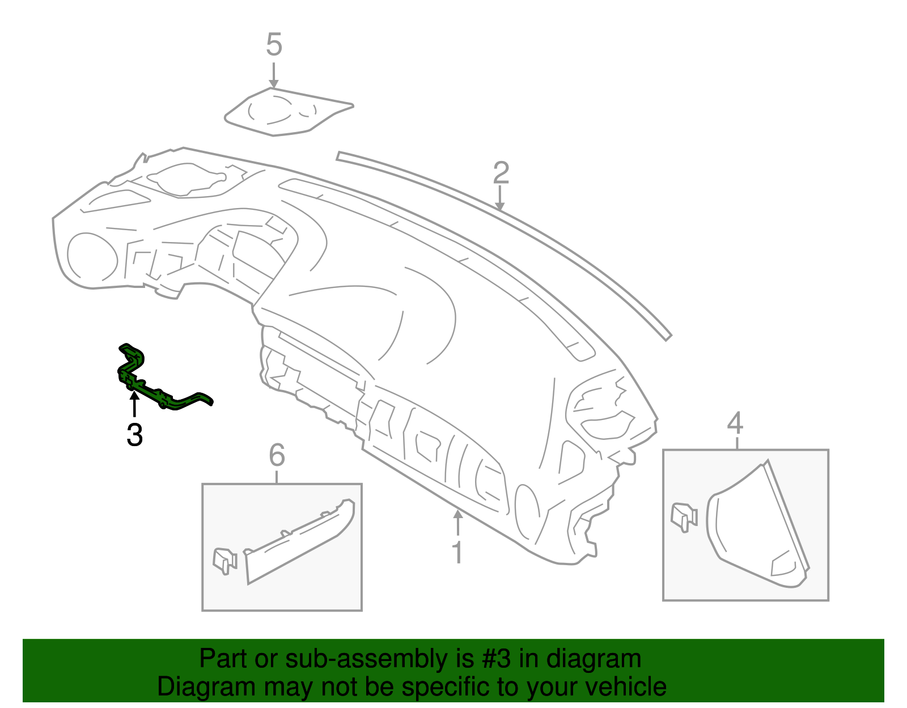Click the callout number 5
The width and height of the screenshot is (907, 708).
(x=274, y=45)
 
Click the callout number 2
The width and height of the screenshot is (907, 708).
(x=501, y=173)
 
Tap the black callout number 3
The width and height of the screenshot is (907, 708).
(x=135, y=435)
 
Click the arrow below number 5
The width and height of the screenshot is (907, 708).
(x=273, y=75)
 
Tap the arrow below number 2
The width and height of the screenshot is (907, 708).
(x=499, y=198)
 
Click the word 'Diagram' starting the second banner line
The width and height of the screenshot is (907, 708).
(x=206, y=687)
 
